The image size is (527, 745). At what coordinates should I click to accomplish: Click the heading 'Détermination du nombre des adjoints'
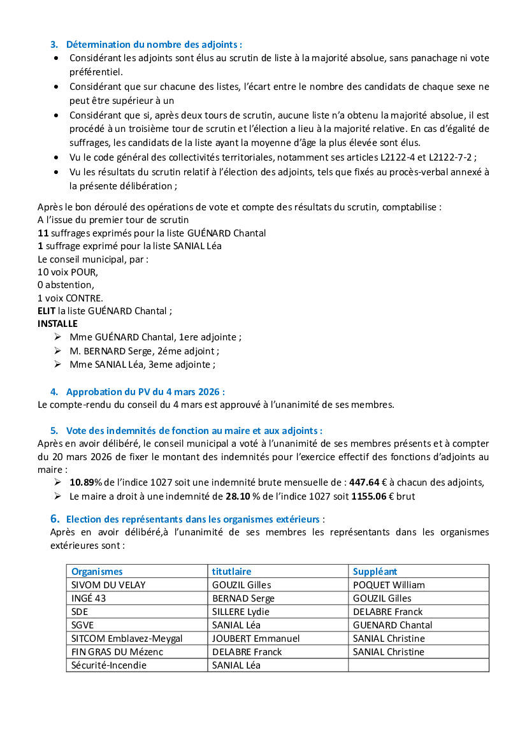pos(154,45)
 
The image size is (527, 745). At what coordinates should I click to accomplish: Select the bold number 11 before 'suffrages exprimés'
pos(43,233)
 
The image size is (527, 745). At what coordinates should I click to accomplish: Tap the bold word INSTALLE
pos(57,324)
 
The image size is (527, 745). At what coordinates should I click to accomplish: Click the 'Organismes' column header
pos(97,572)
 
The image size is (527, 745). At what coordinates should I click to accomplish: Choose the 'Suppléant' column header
pos(375,572)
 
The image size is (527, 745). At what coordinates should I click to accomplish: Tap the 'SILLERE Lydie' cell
pos(240,612)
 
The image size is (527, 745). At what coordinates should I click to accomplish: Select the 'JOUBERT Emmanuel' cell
pos(256,639)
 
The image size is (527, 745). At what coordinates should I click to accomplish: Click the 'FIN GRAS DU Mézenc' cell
pos(117,652)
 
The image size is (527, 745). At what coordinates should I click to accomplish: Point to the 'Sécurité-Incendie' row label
pos(109,665)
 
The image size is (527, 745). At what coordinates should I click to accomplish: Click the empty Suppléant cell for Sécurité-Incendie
pos(418,665)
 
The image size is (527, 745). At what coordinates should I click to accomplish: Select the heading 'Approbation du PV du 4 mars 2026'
pos(145,391)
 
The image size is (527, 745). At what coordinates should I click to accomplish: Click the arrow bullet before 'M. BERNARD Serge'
pos(58,351)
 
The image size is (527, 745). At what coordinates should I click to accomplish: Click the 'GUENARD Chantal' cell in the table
pos(393,625)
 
